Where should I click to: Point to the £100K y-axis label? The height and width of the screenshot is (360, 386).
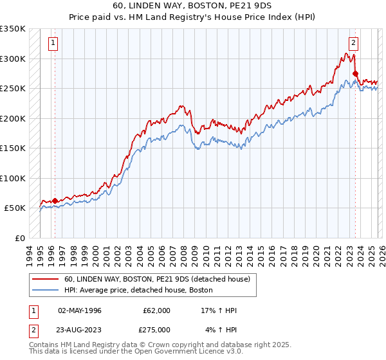(13, 179)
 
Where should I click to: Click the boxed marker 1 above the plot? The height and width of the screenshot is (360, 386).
(53, 44)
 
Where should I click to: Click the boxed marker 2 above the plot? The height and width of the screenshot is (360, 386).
(354, 44)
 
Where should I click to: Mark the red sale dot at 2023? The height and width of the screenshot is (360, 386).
(356, 74)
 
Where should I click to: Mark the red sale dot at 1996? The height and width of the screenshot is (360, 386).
(55, 201)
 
